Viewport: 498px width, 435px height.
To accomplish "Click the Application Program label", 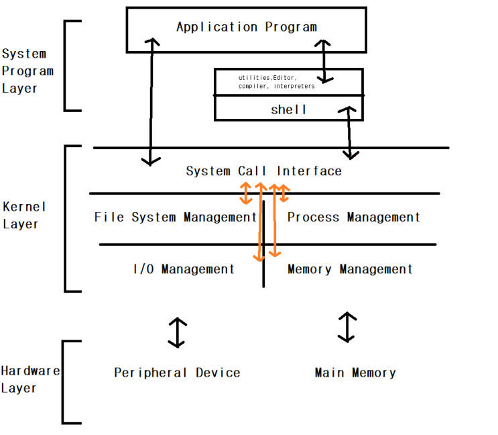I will (x=246, y=28).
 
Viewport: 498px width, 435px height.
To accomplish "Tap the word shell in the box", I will (x=288, y=109).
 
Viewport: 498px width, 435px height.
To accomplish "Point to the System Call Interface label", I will (x=263, y=171).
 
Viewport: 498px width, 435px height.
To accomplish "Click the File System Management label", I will (x=176, y=217).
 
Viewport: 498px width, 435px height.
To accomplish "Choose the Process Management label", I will (x=353, y=217).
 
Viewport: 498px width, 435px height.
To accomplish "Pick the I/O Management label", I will (x=184, y=269).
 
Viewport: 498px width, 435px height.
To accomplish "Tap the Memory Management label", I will (x=350, y=269).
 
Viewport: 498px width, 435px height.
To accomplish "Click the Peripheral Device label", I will (x=177, y=373).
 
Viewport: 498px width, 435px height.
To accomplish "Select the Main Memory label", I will (x=355, y=373).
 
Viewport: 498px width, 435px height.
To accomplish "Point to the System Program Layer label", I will (x=27, y=70).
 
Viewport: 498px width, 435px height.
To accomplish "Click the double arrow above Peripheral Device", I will (x=176, y=332).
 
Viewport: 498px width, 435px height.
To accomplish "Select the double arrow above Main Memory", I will (x=347, y=326).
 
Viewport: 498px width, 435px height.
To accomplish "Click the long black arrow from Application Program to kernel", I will (x=151, y=101).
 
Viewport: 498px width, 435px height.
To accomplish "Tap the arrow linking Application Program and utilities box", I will (x=325, y=60).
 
